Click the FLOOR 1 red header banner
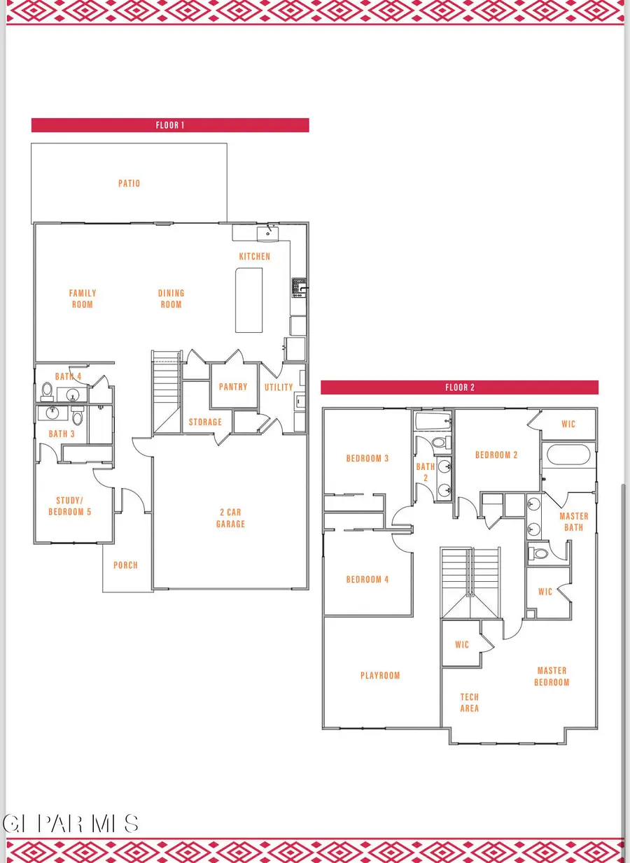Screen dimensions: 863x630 (x=170, y=126)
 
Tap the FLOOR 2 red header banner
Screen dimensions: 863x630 (x=459, y=387)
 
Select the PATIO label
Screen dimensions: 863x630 (x=129, y=183)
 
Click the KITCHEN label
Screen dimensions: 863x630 (x=254, y=257)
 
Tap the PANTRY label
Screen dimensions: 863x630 (x=233, y=387)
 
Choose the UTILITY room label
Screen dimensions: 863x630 (x=279, y=387)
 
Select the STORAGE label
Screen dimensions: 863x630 (x=205, y=422)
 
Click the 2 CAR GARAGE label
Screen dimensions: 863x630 (x=230, y=518)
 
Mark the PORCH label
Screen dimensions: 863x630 (x=126, y=565)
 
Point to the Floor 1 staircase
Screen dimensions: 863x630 (x=167, y=388)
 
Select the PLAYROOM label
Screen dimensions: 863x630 (x=380, y=676)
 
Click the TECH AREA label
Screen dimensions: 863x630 (x=470, y=703)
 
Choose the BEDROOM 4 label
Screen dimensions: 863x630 (x=367, y=579)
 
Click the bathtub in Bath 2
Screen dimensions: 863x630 (x=433, y=422)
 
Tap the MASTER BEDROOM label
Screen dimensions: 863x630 (x=552, y=676)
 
